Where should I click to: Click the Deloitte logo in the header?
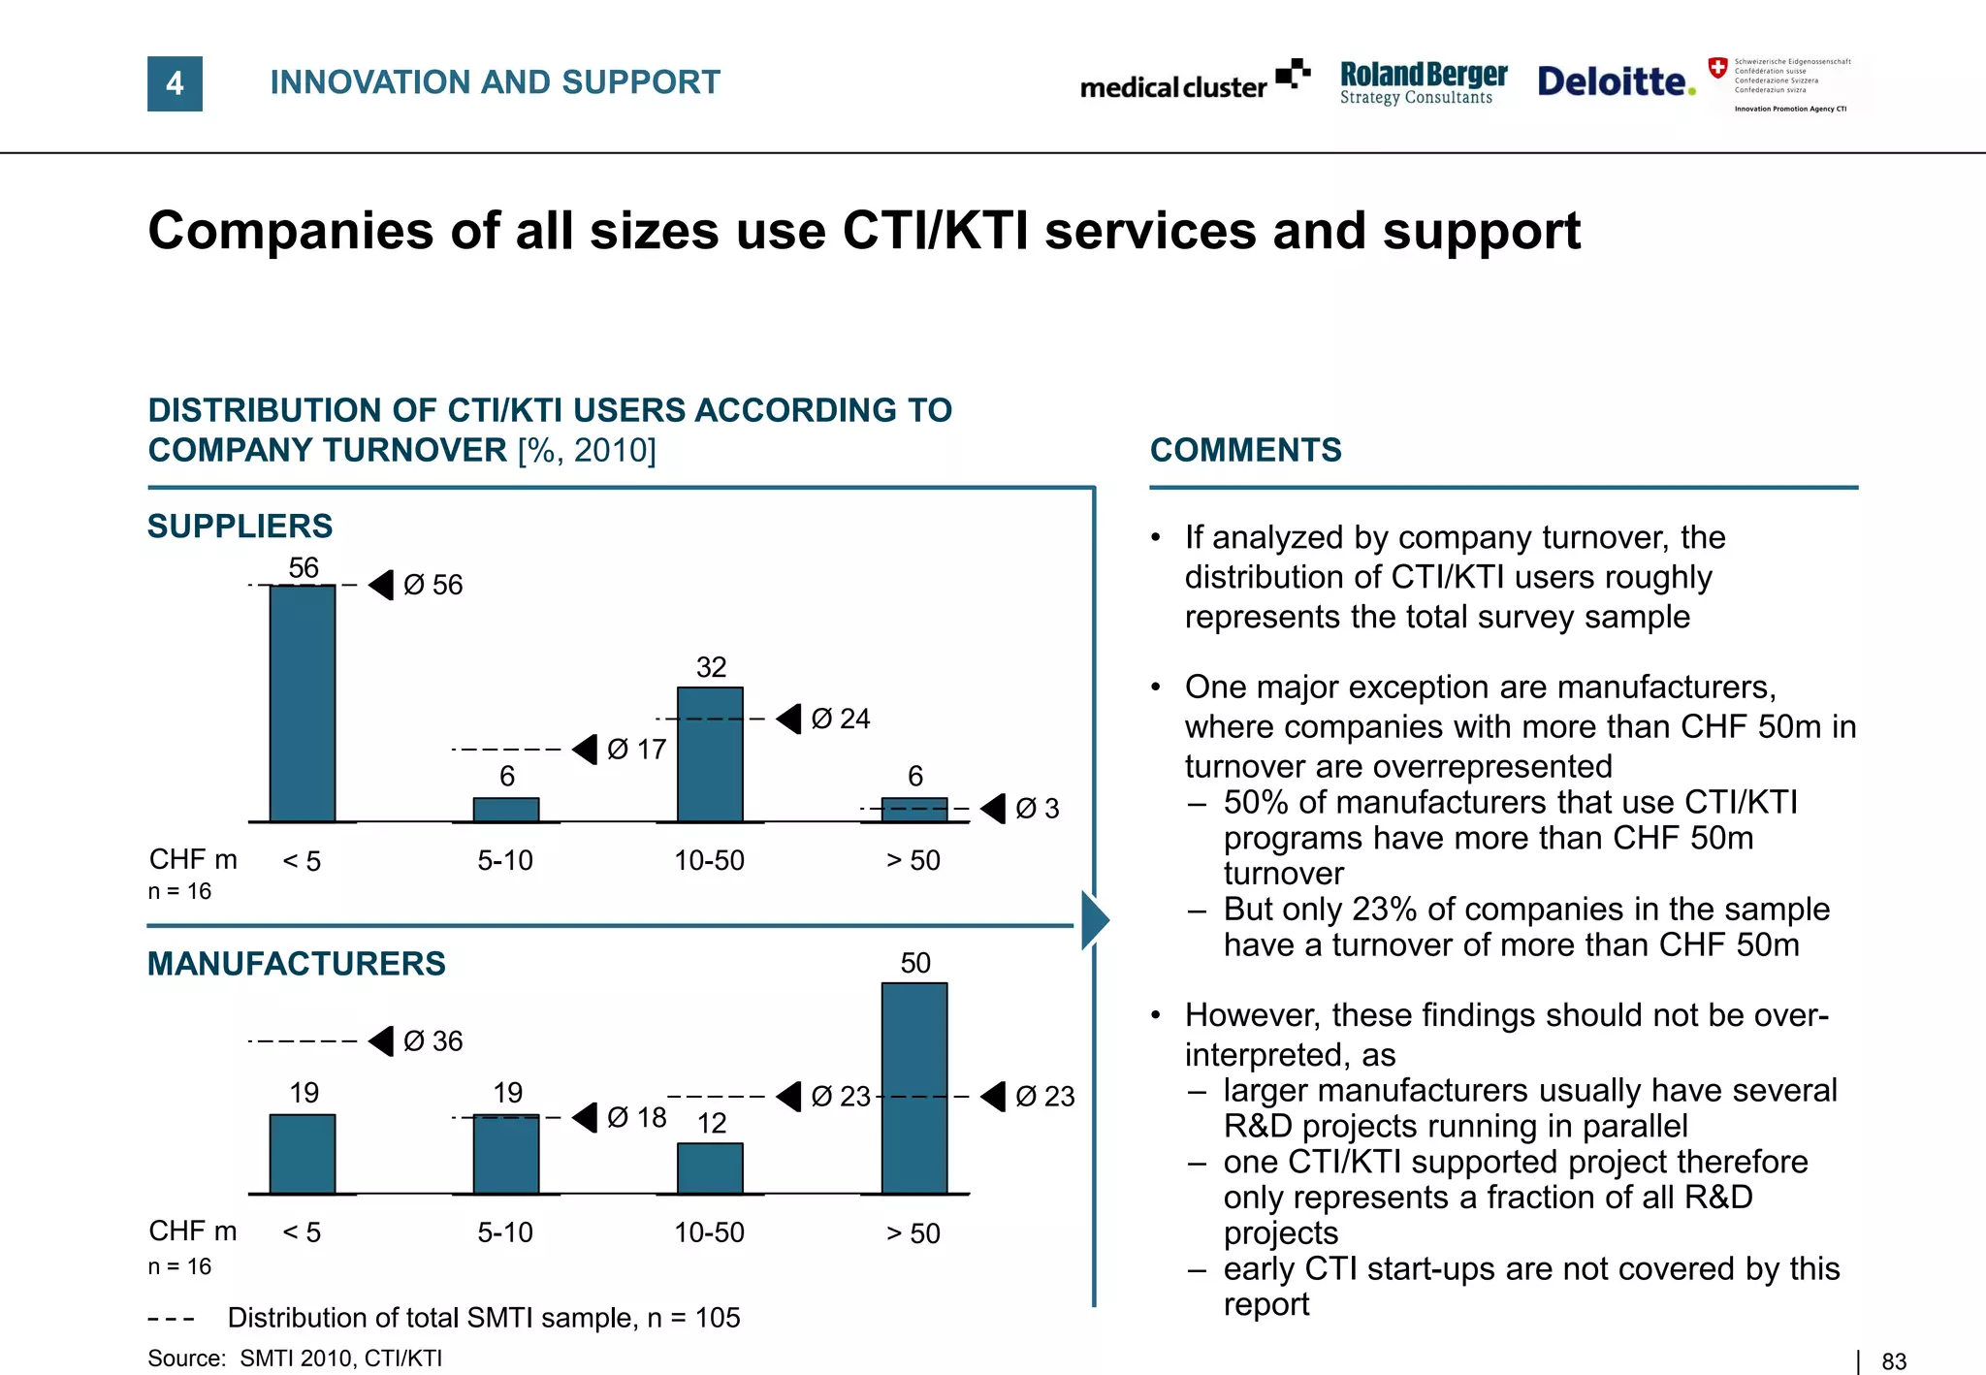(1616, 81)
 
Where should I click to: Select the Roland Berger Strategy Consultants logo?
(1423, 82)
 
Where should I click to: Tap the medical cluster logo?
(1194, 83)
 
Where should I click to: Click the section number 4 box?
(175, 83)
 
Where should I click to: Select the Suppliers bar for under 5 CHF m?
(303, 703)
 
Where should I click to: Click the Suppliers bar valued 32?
(710, 754)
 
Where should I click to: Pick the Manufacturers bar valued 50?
(913, 1088)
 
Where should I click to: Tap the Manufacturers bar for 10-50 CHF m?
(710, 1167)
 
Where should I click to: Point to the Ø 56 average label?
(432, 585)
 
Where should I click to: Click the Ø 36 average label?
(432, 1040)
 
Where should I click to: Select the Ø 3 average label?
(1037, 809)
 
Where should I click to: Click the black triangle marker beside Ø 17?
(586, 749)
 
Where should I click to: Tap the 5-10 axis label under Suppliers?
(505, 860)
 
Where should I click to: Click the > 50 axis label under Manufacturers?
(913, 1233)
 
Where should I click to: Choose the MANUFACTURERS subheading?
(296, 963)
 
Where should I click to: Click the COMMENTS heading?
(1245, 450)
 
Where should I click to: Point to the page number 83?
(1893, 1361)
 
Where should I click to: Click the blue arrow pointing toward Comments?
(1095, 919)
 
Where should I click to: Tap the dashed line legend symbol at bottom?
(172, 1319)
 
